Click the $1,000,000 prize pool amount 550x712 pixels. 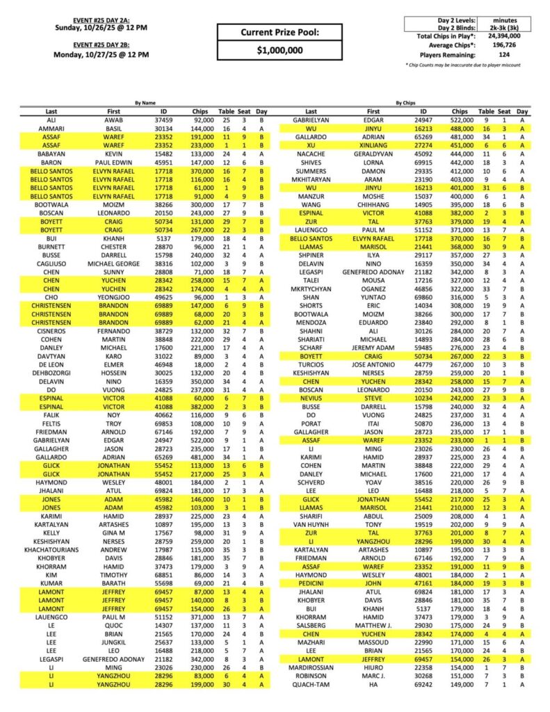(280, 51)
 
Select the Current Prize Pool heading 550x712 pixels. (280, 32)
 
